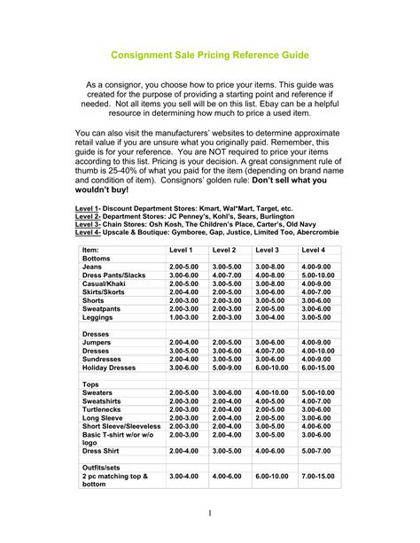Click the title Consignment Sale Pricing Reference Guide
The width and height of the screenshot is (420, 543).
click(209, 55)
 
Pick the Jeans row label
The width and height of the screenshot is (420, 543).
click(92, 267)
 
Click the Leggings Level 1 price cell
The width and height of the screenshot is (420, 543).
click(183, 316)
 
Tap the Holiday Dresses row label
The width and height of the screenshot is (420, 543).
click(110, 367)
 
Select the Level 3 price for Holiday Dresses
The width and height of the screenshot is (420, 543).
click(272, 367)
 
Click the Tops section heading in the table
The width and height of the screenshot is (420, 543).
click(91, 383)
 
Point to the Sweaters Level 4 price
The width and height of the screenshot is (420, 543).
click(318, 392)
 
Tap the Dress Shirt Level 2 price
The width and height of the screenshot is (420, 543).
click(226, 450)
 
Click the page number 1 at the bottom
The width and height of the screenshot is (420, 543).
click(210, 513)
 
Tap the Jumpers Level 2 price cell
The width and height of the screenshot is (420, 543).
click(226, 342)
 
